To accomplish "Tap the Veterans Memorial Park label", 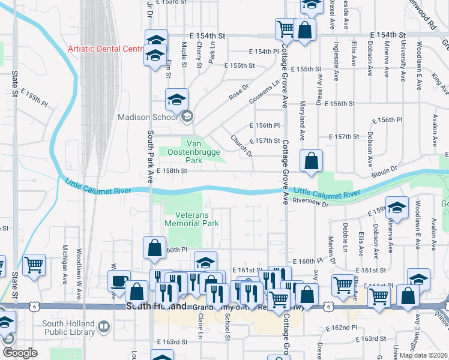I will coord(193,219).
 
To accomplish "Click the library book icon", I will coord(103,327).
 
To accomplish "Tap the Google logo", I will coord(19,353).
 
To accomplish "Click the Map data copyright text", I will coord(423,355).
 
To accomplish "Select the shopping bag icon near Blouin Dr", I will coord(311,161).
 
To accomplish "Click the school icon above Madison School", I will coord(176,100).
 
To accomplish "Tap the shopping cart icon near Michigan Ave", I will coord(34,265).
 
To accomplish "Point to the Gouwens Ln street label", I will coord(268,92).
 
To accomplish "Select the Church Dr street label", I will coord(241,145).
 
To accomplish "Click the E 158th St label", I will coord(172,170).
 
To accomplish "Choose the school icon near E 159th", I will coord(396,207).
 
